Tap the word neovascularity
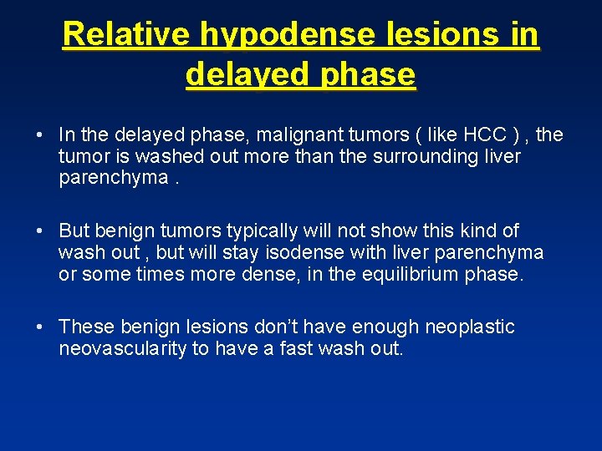(x=122, y=348)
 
